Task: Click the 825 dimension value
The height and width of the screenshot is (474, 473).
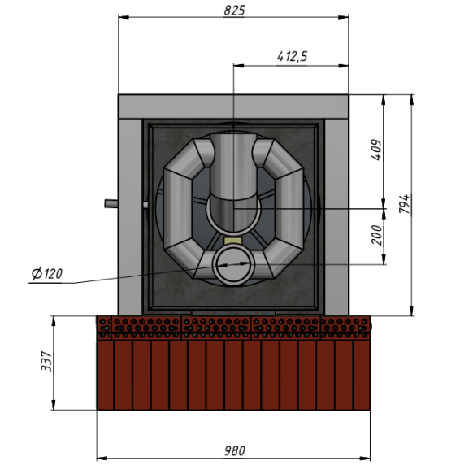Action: click(234, 11)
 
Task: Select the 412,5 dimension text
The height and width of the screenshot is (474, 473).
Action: click(292, 57)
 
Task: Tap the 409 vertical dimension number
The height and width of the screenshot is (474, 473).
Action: click(376, 150)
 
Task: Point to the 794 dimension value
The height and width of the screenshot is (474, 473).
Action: click(405, 204)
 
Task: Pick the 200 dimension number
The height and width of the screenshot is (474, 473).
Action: click(376, 235)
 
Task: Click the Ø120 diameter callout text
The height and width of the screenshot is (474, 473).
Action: click(47, 274)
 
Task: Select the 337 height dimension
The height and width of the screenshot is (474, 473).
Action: click(46, 361)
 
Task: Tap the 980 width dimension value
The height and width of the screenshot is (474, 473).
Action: click(235, 450)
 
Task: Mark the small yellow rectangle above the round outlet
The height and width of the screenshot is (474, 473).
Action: click(232, 241)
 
